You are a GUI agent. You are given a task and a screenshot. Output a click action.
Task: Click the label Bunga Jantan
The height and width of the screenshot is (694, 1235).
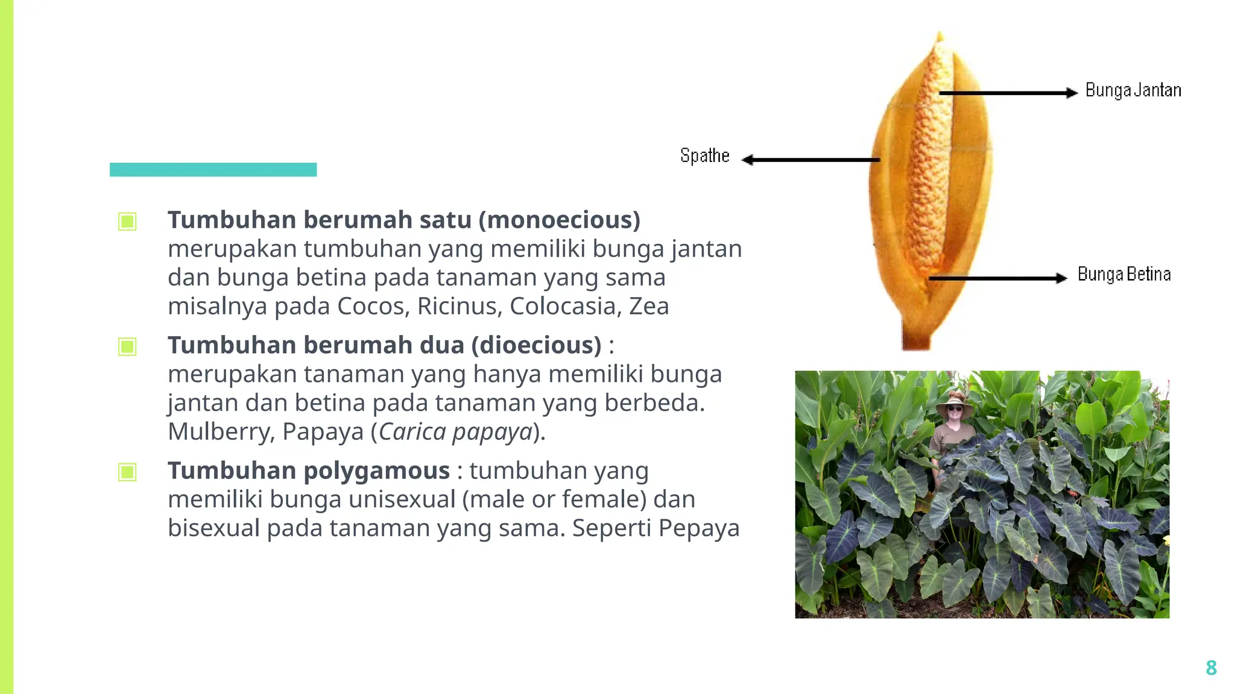1132,90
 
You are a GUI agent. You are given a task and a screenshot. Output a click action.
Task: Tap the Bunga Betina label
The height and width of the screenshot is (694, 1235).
1124,275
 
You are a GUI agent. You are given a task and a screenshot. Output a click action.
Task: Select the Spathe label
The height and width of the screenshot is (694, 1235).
704,156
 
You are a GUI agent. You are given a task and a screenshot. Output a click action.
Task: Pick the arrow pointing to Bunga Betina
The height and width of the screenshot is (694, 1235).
998,278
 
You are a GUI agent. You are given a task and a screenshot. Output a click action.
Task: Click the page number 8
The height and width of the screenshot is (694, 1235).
1211,667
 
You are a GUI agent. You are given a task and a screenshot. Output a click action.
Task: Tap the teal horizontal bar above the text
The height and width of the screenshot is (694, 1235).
213,169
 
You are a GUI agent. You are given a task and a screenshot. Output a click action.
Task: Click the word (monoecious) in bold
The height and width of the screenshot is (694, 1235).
559,220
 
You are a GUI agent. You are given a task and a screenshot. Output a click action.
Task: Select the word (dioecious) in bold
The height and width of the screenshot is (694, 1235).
536,345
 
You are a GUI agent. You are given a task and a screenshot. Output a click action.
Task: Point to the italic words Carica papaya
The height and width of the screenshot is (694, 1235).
455,432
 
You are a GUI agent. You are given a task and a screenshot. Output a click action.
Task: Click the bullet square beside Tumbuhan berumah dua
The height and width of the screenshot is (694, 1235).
127,346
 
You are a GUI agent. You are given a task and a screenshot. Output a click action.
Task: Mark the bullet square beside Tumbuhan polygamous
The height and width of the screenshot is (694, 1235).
127,472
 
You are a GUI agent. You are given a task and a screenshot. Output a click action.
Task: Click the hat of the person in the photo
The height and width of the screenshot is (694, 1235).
954,400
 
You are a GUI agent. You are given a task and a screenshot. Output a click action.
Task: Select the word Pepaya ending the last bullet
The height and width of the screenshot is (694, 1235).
698,528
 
